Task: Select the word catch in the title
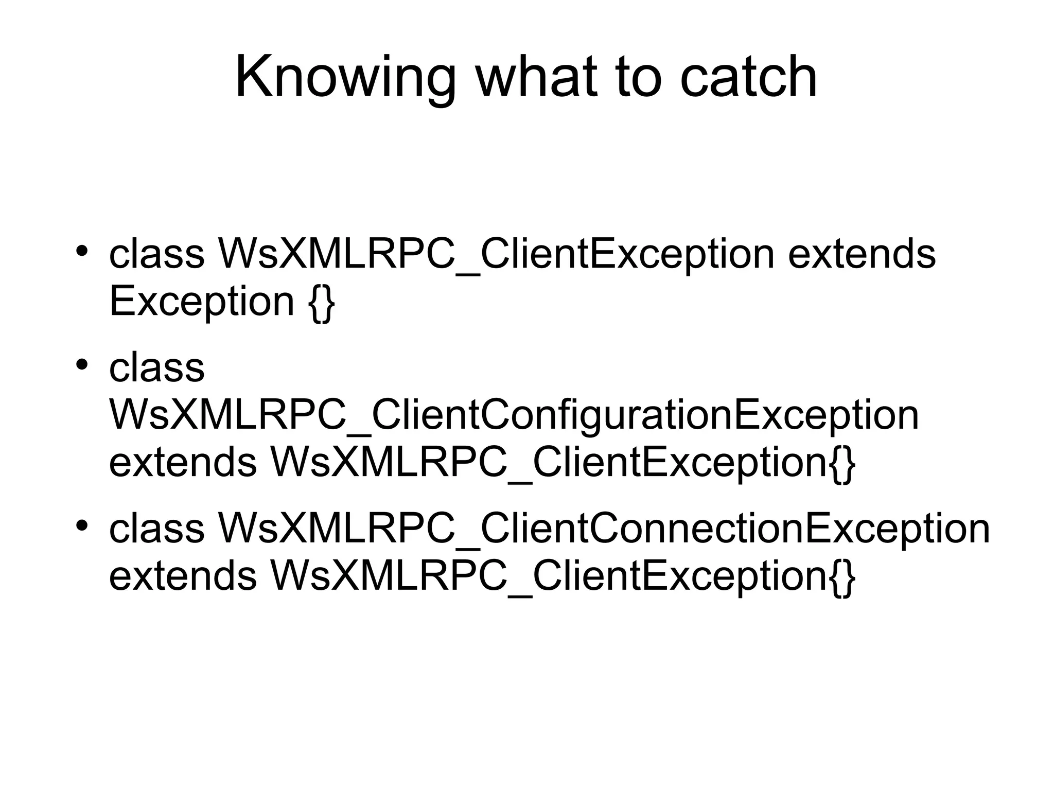[x=748, y=77]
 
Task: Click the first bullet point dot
[x=81, y=252]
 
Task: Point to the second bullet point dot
[x=81, y=365]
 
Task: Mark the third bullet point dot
[x=81, y=526]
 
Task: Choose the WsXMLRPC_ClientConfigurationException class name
[x=514, y=415]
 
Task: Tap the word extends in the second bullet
[x=183, y=462]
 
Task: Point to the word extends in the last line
[x=183, y=575]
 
